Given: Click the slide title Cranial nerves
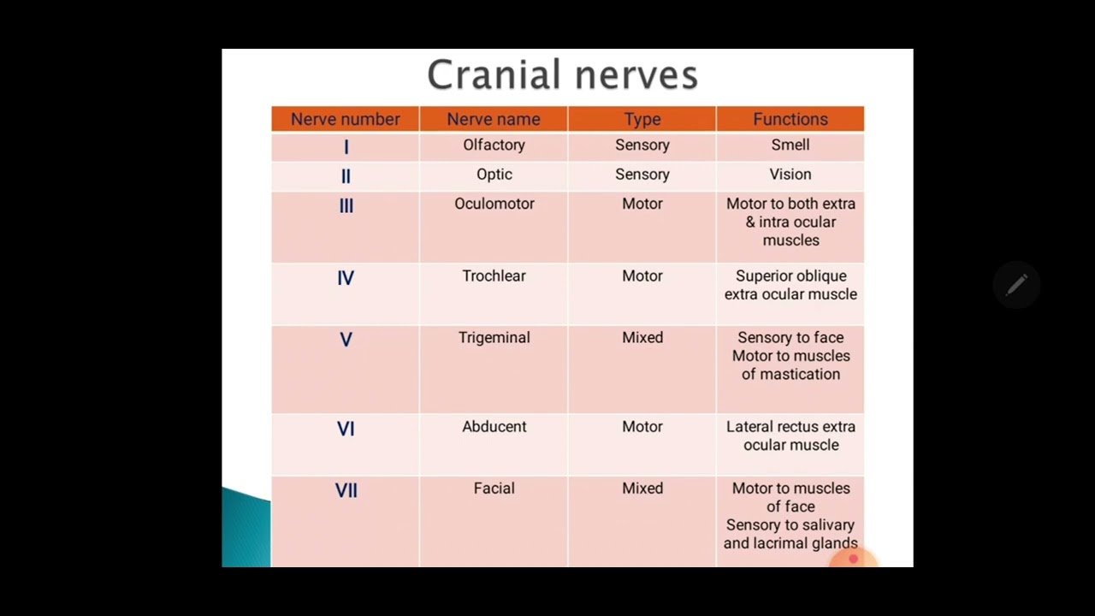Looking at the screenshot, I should point(562,75).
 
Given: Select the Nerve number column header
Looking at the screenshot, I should point(345,120).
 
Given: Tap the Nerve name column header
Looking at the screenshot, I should point(494,120).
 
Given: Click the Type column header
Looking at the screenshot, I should point(642,120).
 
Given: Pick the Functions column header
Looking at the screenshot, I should point(790,120).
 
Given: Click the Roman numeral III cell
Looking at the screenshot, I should point(346,206).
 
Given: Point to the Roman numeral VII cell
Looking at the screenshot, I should point(346,490).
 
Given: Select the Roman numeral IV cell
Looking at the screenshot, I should point(346,278).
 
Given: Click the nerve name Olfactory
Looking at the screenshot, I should point(494,145).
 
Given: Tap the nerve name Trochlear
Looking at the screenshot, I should point(494,276).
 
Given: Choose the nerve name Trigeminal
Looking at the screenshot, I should point(494,338).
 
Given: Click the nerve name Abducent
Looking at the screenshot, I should point(494,427).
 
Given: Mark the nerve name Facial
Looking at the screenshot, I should point(494,489).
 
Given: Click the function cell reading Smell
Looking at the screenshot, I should point(790,145).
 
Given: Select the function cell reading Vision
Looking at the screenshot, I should point(790,175).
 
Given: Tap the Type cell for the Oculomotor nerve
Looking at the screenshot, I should point(642,204).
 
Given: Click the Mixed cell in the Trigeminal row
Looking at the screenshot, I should point(642,338).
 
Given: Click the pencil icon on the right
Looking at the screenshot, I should point(1016,285).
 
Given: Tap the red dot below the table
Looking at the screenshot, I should point(853,559).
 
